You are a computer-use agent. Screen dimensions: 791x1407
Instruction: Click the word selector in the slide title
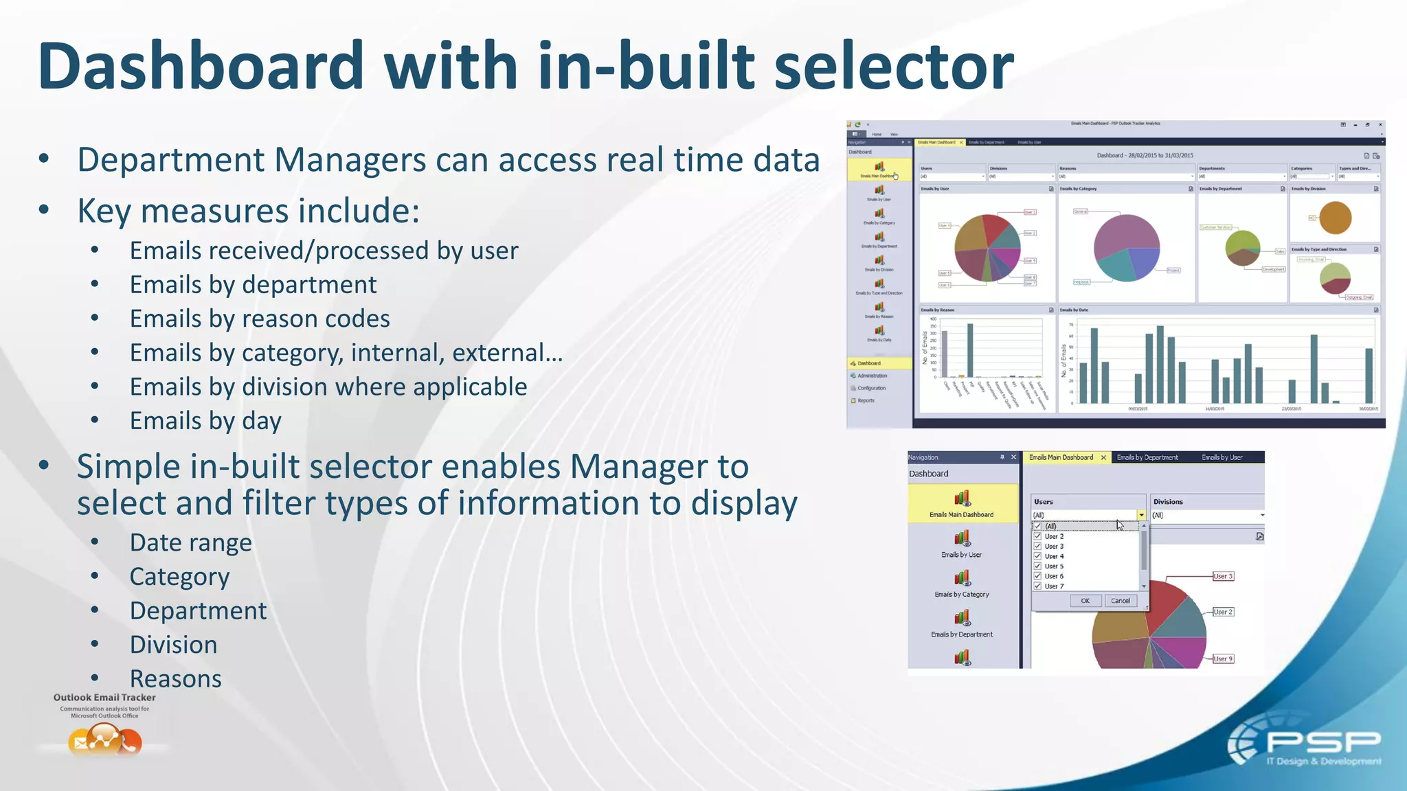893,67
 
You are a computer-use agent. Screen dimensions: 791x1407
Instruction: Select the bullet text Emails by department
253,285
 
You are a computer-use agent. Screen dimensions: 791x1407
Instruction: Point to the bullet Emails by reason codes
260,319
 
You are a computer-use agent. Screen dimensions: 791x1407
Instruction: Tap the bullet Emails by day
205,421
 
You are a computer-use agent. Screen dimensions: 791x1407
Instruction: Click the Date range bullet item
190,543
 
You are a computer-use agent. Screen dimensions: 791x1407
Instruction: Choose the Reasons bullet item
175,679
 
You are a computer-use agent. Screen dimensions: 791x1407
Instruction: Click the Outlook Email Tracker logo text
104,698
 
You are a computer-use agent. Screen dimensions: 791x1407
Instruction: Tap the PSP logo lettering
1322,742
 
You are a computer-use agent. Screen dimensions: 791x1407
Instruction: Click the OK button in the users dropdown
1085,601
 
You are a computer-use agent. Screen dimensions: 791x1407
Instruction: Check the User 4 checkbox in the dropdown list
1038,556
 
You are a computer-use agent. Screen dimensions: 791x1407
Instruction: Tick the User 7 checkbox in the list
1038,586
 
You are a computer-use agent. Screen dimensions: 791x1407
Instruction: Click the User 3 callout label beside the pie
1223,576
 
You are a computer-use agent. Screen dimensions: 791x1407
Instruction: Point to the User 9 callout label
1223,658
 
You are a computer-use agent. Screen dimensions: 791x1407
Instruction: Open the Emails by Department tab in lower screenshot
1147,457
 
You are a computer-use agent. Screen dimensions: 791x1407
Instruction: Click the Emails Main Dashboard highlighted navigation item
962,503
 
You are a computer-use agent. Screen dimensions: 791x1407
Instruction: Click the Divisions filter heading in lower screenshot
1168,502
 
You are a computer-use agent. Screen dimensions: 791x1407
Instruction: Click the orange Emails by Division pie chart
1336,218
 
